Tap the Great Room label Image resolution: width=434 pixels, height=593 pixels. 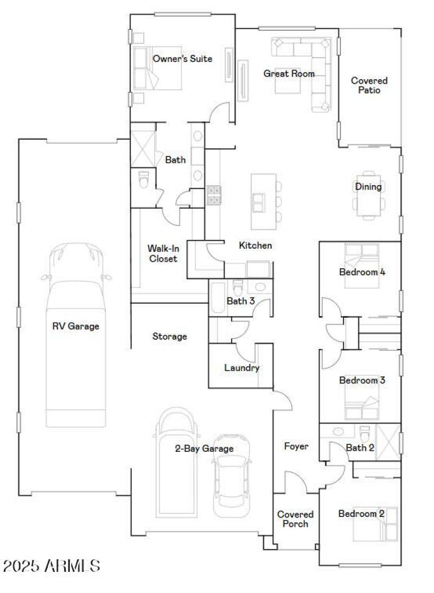tap(289, 73)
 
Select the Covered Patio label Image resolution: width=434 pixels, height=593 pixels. tap(369, 86)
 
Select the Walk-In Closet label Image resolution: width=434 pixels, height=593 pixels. tap(163, 254)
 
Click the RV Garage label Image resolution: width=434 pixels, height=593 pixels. tap(75, 326)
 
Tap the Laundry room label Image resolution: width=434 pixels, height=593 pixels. tap(242, 368)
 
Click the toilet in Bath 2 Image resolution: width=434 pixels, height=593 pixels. tap(365, 434)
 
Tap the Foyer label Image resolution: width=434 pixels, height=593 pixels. tap(296, 446)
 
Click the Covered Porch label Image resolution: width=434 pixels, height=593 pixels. tap(295, 519)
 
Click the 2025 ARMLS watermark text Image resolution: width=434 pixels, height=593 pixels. tap(52, 566)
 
